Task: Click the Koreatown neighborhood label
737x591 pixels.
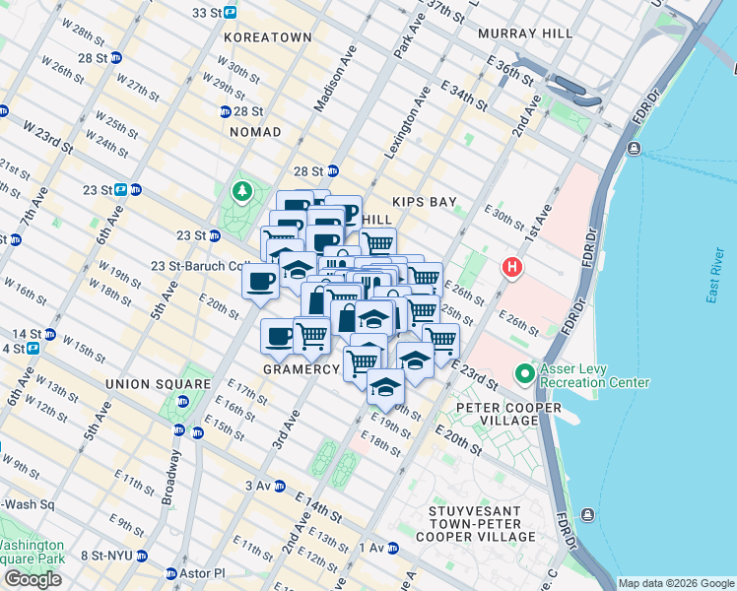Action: coord(268,37)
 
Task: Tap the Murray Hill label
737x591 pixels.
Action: coord(524,33)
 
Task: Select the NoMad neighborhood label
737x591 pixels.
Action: coord(255,132)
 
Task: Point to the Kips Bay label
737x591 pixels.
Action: coord(425,202)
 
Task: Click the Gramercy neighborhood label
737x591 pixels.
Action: coord(301,368)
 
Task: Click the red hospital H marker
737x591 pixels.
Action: coord(511,267)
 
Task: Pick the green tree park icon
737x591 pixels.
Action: coord(241,190)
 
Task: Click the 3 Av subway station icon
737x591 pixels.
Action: coord(280,486)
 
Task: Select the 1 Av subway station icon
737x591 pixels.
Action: coord(392,548)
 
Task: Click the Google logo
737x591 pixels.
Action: coord(33,579)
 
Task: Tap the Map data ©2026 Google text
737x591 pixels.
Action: coord(675,583)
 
